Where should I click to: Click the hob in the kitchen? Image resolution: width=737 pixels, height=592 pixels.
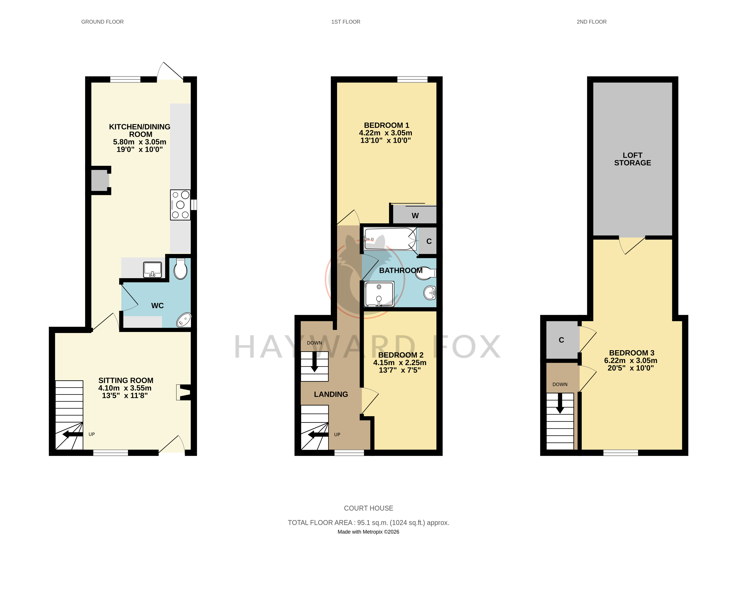[180, 205]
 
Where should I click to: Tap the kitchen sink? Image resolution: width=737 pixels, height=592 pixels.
[152, 270]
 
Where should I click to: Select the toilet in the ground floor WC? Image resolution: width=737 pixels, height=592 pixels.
[181, 269]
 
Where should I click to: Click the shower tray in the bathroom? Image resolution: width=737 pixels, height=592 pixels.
[379, 294]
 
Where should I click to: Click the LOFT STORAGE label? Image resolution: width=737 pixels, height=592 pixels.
[632, 159]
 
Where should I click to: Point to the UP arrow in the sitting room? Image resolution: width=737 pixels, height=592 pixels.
[73, 434]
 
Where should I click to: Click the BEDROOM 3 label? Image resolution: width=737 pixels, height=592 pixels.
[632, 353]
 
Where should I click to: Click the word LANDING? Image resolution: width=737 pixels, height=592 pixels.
[331, 394]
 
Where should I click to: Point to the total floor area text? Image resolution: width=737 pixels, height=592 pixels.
[369, 523]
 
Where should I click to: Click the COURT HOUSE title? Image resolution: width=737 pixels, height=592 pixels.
[369, 508]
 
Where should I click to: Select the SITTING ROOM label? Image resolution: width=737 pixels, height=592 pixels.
[126, 380]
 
